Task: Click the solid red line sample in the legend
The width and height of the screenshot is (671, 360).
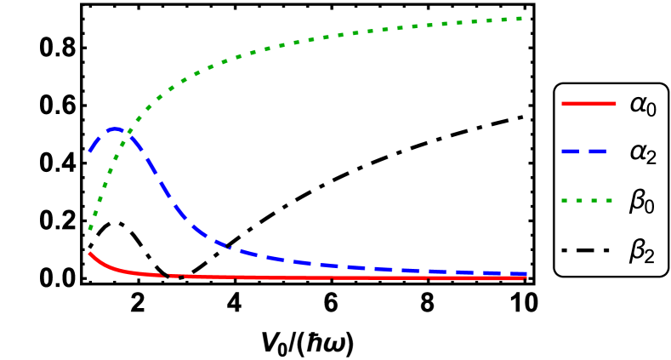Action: pos(589,103)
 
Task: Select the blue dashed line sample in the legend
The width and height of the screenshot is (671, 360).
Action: pos(584,151)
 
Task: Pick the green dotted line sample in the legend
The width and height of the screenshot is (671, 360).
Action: pos(587,201)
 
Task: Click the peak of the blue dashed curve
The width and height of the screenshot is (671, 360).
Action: pos(116,129)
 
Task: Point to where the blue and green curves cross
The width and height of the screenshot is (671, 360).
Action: pos(128,132)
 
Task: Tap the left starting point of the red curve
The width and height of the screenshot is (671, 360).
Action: pos(89,253)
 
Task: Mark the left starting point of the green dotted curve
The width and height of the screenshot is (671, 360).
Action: pos(89,229)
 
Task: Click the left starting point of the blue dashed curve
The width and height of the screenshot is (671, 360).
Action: pos(89,151)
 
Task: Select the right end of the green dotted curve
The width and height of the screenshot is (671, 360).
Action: pos(520,18)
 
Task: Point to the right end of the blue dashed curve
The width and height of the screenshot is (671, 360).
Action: pos(526,274)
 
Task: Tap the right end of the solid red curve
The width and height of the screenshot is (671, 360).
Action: pos(526,278)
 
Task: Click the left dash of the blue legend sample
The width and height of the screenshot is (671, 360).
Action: pos(570,151)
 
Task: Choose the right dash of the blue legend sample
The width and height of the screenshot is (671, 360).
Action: pos(598,151)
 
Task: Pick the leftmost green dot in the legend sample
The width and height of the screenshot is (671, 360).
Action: pos(564,201)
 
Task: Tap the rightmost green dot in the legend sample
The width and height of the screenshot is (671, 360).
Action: pos(610,201)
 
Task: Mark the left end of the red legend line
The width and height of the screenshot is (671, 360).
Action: pos(562,103)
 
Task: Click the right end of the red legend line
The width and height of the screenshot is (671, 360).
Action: pos(616,103)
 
